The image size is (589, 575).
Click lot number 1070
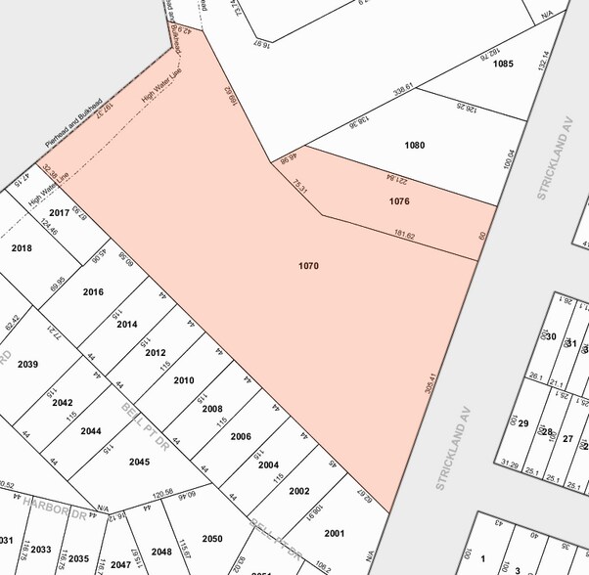pyautogui.click(x=309, y=266)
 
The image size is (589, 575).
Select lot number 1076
pyautogui.click(x=399, y=201)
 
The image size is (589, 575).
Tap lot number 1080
pyautogui.click(x=415, y=145)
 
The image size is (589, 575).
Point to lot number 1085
pyautogui.click(x=503, y=64)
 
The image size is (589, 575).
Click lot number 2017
pyautogui.click(x=59, y=212)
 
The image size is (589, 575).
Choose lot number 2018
pyautogui.click(x=22, y=247)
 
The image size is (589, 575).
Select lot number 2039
pyautogui.click(x=27, y=364)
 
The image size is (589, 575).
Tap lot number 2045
pyautogui.click(x=139, y=462)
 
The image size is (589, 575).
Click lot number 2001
pyautogui.click(x=335, y=533)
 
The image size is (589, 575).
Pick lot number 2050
pyautogui.click(x=212, y=539)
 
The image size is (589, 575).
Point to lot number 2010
pyautogui.click(x=184, y=380)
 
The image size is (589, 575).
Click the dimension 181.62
pyautogui.click(x=404, y=236)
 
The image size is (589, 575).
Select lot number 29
pyautogui.click(x=522, y=423)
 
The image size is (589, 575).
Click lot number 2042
pyautogui.click(x=63, y=402)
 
